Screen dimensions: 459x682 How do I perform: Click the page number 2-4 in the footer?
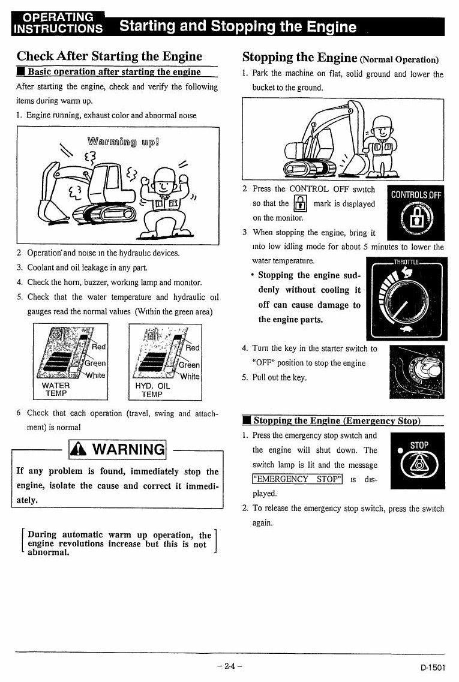coord(229,665)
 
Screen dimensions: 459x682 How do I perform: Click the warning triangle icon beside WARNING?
coord(79,449)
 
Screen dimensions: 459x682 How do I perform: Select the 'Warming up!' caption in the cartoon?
coord(123,142)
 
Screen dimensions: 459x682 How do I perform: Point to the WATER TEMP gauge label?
coord(56,389)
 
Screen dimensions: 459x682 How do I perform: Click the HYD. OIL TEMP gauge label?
coord(152,390)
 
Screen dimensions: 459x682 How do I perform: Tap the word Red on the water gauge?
coord(99,347)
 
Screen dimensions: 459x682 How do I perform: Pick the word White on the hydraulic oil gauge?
coord(190,376)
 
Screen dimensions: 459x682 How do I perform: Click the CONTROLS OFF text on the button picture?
coord(416,195)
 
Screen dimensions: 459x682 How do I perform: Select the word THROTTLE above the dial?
coord(406,262)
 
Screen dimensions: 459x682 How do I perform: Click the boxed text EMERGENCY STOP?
coord(297,479)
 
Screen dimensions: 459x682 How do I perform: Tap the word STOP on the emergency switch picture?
coord(419,446)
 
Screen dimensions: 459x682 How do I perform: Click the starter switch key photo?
coord(417,371)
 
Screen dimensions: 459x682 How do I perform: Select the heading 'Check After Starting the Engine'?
coord(109,56)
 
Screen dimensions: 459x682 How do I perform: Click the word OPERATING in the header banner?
coord(58,17)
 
